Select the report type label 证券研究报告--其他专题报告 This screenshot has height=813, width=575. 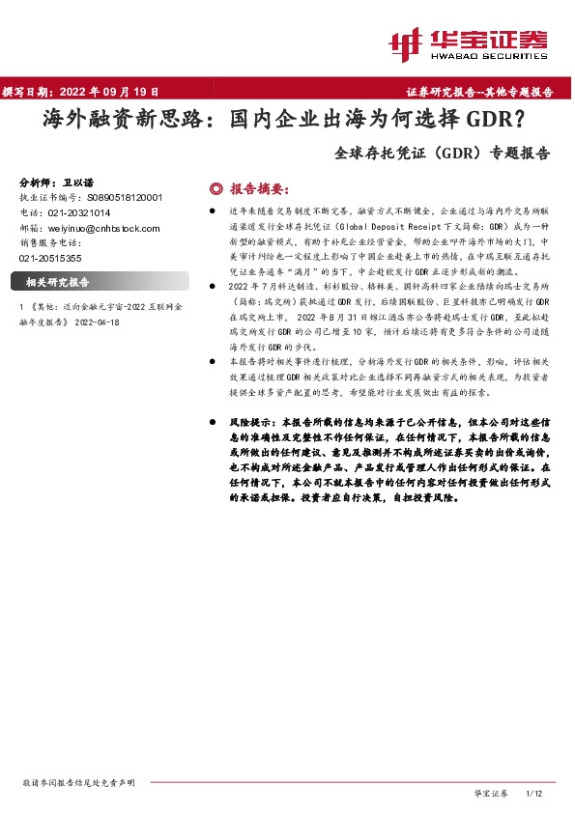478,92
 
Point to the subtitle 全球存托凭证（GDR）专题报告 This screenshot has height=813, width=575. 443,153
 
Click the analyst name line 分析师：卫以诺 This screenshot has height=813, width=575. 57,182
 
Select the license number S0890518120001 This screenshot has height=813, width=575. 119,196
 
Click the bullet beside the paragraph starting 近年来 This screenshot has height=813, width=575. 213,209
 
